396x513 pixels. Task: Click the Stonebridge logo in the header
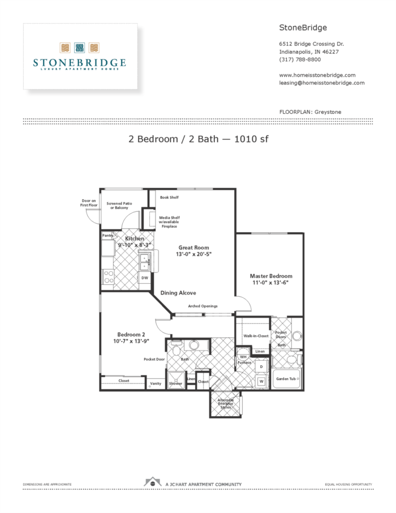pyautogui.click(x=79, y=56)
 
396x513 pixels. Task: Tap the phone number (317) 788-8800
pyautogui.click(x=300, y=59)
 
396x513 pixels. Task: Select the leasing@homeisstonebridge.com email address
pyautogui.click(x=321, y=83)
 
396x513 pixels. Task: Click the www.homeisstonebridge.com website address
pyautogui.click(x=317, y=75)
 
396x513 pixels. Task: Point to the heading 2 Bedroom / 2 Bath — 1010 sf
pyautogui.click(x=198, y=140)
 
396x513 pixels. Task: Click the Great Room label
pyautogui.click(x=194, y=247)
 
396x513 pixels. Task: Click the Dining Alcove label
pyautogui.click(x=178, y=293)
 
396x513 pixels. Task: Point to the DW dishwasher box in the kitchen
pyautogui.click(x=145, y=278)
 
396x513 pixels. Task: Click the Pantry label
pyautogui.click(x=108, y=236)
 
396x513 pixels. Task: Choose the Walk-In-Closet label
pyautogui.click(x=256, y=336)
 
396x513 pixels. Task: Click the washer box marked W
pyautogui.click(x=261, y=381)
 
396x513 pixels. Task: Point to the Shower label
pyautogui.click(x=176, y=383)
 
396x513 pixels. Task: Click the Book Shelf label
pyautogui.click(x=169, y=198)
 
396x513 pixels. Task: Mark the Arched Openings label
pyautogui.click(x=203, y=306)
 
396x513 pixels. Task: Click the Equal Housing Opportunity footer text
pyautogui.click(x=348, y=485)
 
